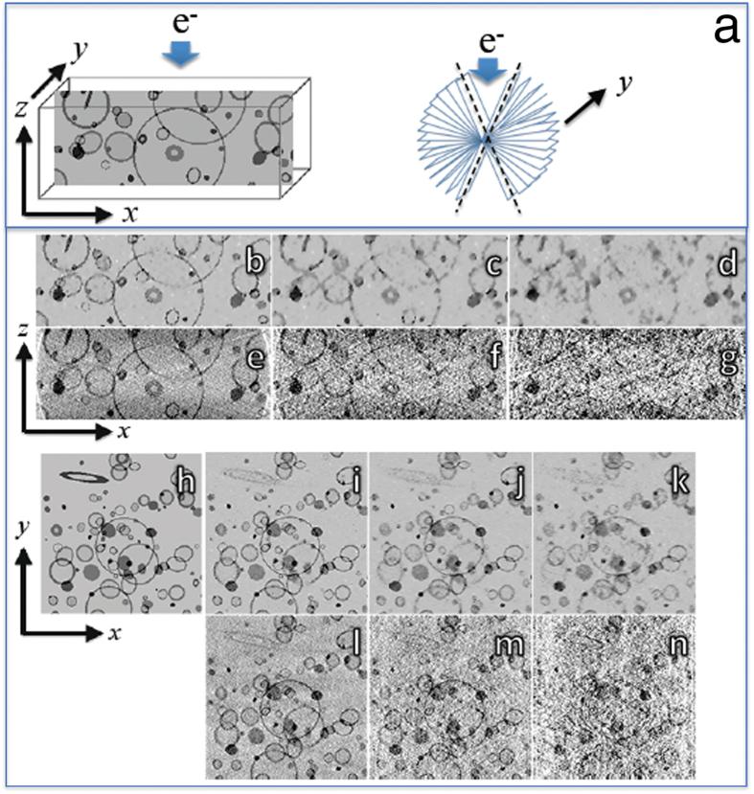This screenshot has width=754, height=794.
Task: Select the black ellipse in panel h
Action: coord(85,475)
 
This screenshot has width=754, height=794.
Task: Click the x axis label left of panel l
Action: coord(115,633)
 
